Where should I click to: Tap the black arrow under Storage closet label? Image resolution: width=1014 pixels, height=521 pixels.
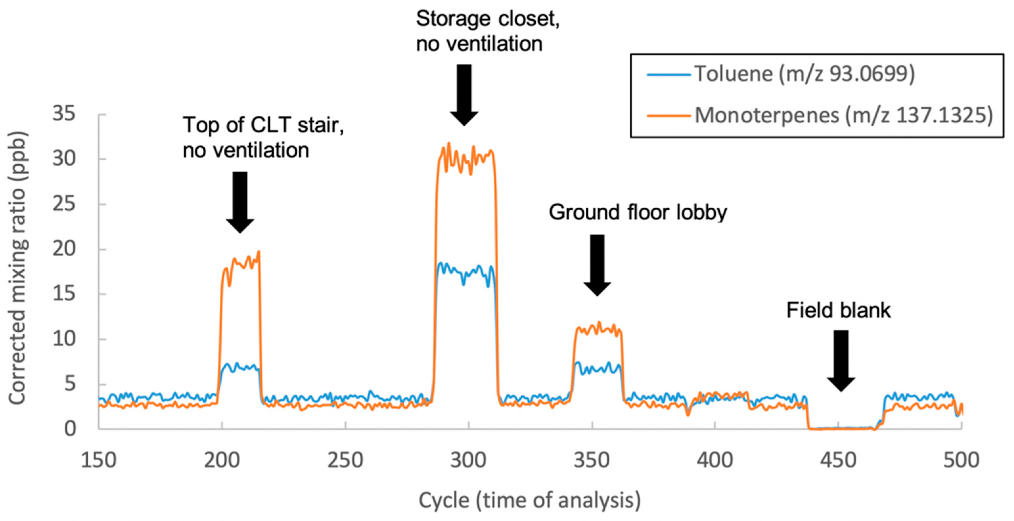(464, 94)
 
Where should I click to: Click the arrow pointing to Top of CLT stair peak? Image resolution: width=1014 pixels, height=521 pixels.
(240, 202)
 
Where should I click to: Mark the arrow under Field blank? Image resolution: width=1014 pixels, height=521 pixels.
(841, 360)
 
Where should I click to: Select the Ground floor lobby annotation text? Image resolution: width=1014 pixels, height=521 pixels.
(638, 212)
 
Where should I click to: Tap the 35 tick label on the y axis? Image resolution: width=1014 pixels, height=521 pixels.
(64, 115)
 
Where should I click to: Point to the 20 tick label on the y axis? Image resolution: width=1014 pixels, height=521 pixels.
(64, 249)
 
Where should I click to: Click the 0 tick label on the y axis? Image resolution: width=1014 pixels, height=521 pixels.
(70, 428)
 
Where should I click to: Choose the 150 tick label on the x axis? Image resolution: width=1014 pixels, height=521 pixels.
(99, 460)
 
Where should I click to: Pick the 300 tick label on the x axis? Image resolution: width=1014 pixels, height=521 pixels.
(468, 460)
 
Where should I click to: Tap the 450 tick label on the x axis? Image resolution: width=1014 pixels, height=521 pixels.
(838, 460)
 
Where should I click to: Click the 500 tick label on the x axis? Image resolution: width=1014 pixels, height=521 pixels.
(961, 460)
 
